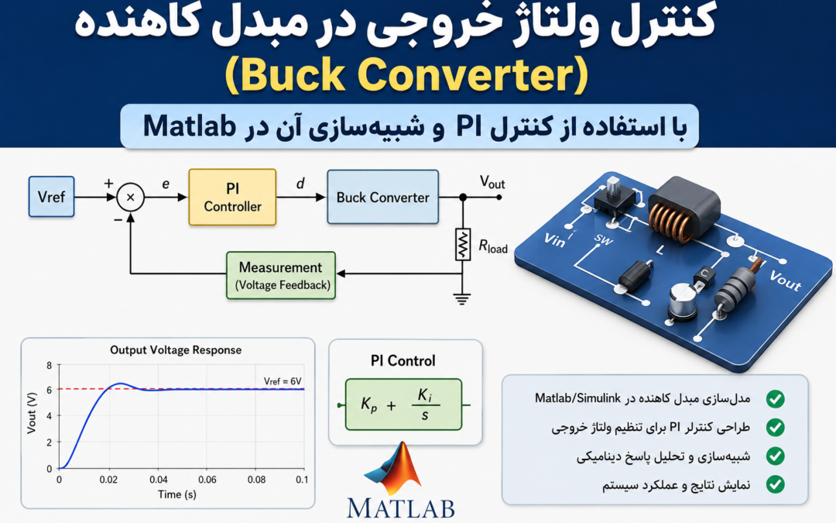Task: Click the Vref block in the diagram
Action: (51, 197)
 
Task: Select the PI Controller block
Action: (232, 198)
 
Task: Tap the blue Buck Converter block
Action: (383, 197)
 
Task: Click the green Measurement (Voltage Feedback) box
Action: (281, 275)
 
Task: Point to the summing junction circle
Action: (131, 197)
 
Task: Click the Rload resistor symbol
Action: (463, 244)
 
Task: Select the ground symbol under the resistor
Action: (462, 299)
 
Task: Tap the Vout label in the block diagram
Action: (492, 183)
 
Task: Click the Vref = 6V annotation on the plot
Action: (283, 381)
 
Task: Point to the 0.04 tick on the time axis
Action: (159, 480)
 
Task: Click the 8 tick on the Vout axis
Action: (50, 366)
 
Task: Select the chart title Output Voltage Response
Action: (176, 350)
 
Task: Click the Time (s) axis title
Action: (177, 494)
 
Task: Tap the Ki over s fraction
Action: (425, 404)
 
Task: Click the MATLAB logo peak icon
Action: (396, 469)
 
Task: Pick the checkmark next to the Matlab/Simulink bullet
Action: (775, 399)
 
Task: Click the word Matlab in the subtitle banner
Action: (190, 126)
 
